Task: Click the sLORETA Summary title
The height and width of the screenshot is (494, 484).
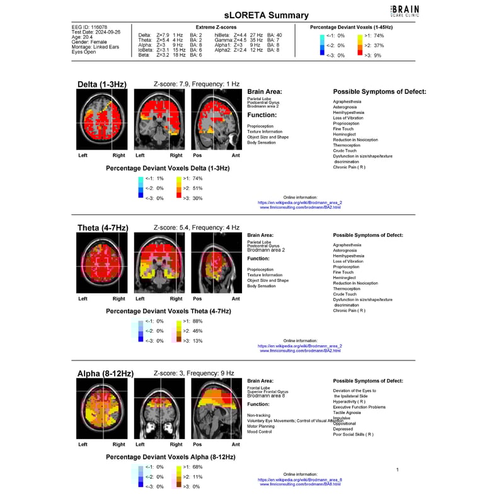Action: tap(267, 15)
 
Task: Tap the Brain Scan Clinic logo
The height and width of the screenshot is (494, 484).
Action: tap(405, 9)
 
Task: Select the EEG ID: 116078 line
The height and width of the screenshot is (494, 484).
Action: tap(90, 28)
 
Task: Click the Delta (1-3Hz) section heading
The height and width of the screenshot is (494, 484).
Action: tap(101, 84)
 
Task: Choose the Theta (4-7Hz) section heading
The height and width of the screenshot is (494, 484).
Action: tap(103, 227)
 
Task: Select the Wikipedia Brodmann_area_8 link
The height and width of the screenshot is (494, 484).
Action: tap(300, 480)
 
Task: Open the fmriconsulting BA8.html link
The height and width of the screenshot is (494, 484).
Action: tap(300, 484)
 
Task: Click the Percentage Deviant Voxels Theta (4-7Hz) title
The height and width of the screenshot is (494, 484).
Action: tap(168, 311)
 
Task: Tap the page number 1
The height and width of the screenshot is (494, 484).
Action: tap(397, 469)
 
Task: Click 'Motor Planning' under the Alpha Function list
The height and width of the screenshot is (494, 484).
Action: tap(261, 426)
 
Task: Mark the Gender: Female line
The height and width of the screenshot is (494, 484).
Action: tap(89, 42)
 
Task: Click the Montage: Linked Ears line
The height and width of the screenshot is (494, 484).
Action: tap(95, 47)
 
